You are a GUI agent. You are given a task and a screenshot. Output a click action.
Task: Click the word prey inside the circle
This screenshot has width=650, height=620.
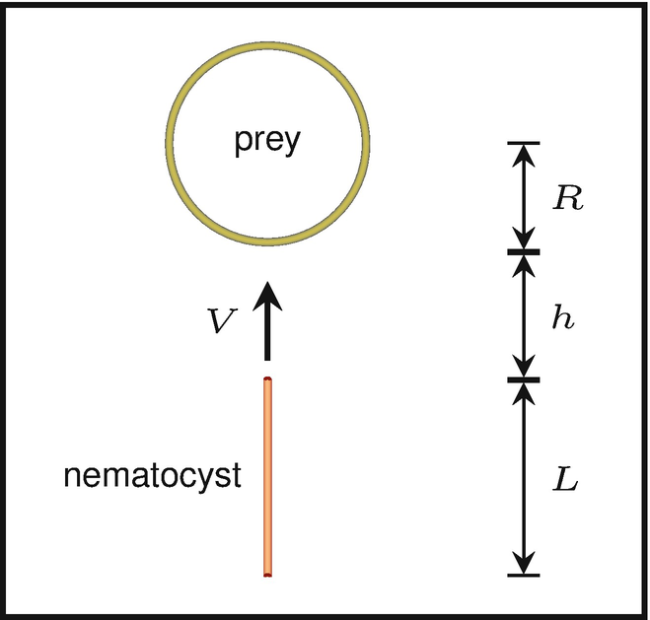[x=265, y=144]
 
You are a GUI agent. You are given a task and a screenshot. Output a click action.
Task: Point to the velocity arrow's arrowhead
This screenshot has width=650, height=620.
[x=266, y=294]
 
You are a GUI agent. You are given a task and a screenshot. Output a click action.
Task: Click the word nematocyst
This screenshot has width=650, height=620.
[x=152, y=476]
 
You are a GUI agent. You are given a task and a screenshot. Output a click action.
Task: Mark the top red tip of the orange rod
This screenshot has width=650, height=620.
[x=267, y=380]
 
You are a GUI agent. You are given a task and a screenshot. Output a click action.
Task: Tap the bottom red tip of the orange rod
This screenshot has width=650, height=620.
[x=267, y=572]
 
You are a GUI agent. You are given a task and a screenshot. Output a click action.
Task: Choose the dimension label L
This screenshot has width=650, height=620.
[x=565, y=484]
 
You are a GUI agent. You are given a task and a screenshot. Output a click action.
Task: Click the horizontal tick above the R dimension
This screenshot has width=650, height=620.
[x=524, y=143]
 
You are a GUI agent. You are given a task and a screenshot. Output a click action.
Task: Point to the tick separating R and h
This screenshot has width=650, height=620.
[x=524, y=251]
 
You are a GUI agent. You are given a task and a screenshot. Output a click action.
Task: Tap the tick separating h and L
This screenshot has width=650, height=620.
[x=524, y=379]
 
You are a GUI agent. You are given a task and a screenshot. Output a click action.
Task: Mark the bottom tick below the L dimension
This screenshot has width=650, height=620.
[x=524, y=575]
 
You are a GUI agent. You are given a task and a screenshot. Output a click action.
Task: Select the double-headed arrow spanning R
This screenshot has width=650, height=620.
[x=524, y=197]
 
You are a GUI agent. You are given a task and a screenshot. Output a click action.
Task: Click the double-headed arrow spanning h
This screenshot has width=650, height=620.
[x=524, y=315]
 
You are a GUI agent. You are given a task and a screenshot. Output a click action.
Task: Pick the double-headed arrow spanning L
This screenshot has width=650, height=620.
[x=524, y=478]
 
